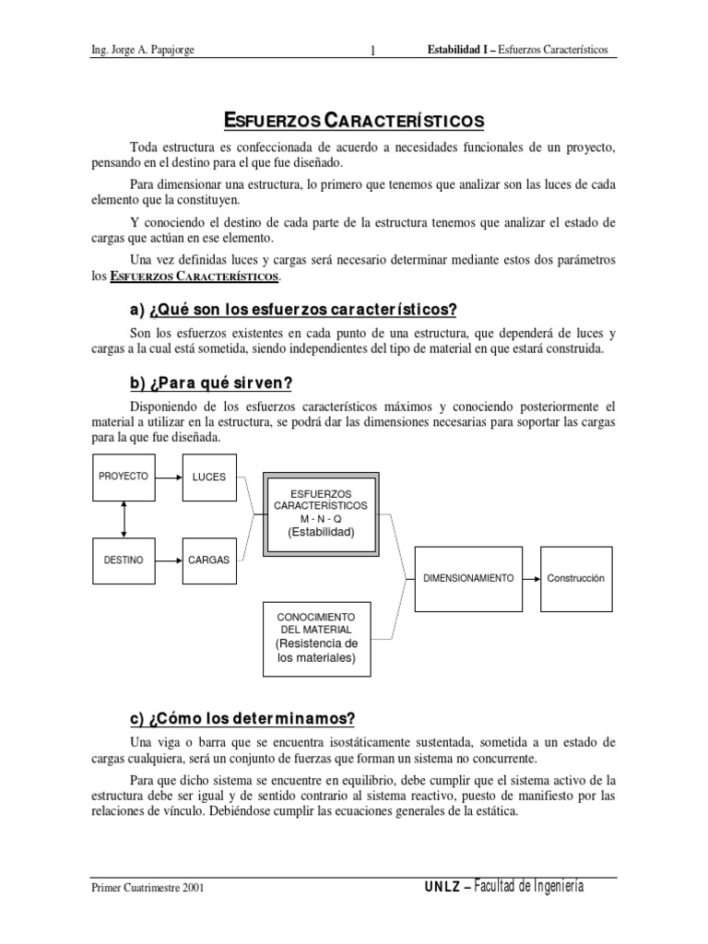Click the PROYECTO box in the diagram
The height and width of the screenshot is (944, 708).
point(123,477)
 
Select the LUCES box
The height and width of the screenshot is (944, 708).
point(208,477)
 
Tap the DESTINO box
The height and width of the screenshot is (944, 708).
point(123,560)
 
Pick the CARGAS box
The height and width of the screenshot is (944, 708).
point(208,560)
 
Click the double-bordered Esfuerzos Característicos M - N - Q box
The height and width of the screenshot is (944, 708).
point(320,513)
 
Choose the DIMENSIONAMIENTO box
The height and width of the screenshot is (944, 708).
point(467,578)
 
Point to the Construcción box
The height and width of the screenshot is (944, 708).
point(575,578)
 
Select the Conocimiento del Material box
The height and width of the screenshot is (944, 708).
point(316,637)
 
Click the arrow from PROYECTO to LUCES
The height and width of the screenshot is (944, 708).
point(168,477)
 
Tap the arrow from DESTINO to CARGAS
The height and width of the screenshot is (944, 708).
point(168,560)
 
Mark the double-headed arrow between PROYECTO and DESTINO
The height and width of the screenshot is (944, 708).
point(123,518)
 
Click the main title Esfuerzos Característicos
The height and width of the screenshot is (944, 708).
point(354,121)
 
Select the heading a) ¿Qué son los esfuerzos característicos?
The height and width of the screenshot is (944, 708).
point(293,308)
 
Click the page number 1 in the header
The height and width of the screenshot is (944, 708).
point(372,50)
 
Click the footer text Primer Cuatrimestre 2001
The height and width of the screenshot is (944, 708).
point(147,888)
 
